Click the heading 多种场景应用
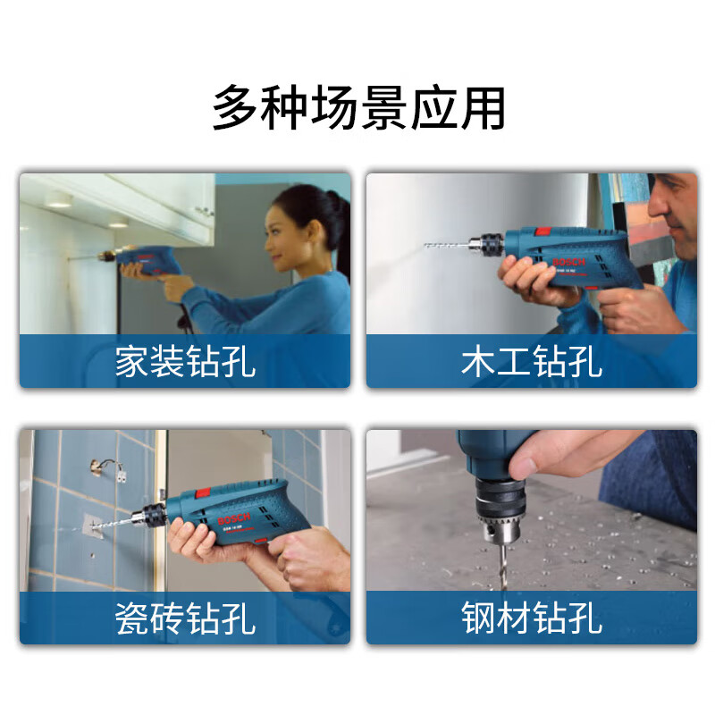tap(358, 109)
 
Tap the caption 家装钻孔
tap(185, 362)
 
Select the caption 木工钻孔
tap(532, 362)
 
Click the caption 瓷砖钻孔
tap(185, 618)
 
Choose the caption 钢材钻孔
tap(532, 618)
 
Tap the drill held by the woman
tap(147, 261)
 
